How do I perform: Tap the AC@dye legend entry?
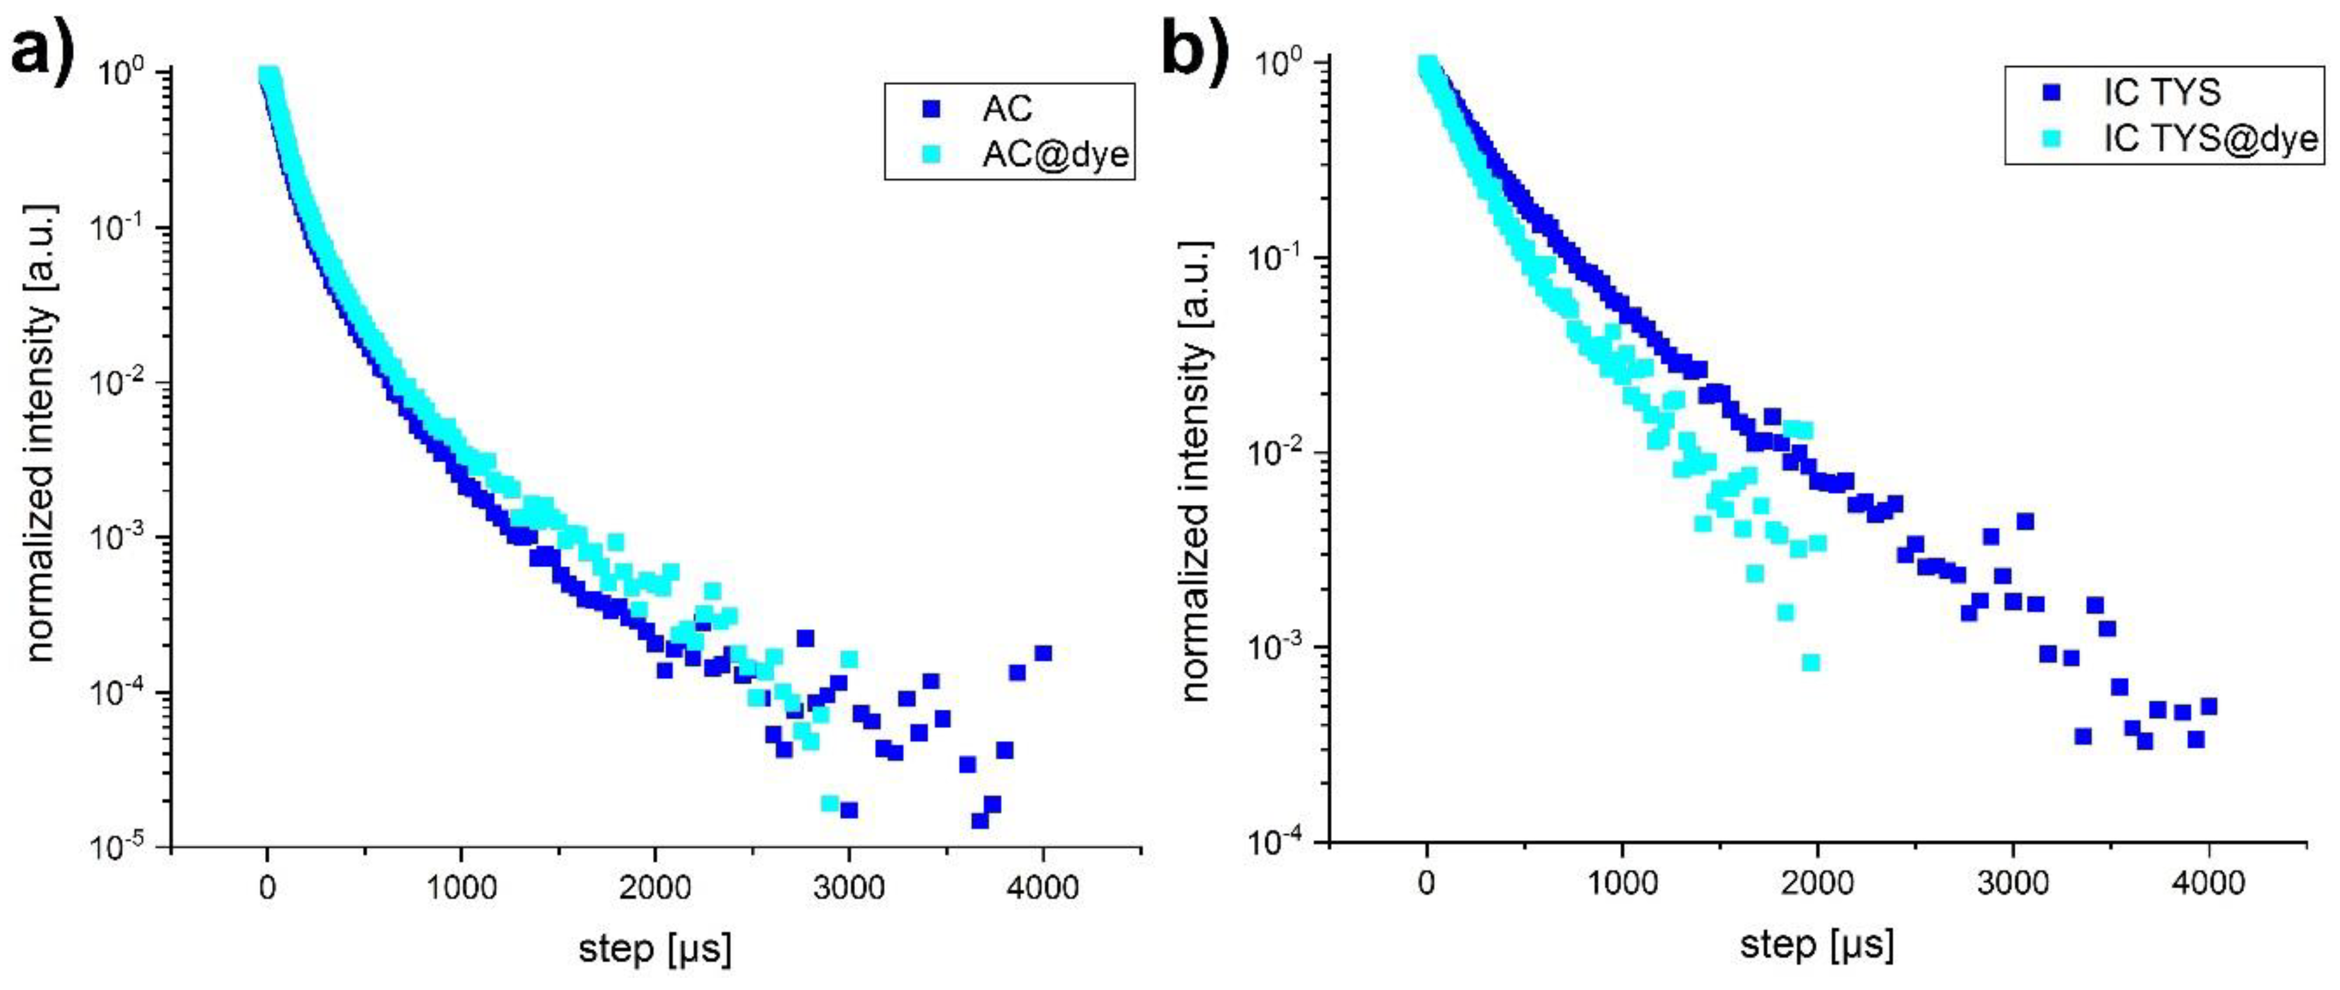[x=1055, y=154]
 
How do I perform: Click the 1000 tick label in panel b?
[x=1621, y=882]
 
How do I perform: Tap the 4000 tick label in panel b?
[x=2207, y=882]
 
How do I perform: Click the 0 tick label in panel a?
[x=266, y=886]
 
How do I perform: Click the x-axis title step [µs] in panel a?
[x=654, y=949]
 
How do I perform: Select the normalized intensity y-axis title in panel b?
[x=1198, y=472]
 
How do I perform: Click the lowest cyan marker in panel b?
[x=1810, y=662]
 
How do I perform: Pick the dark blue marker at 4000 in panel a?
[x=1043, y=653]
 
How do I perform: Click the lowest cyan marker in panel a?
[x=829, y=803]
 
